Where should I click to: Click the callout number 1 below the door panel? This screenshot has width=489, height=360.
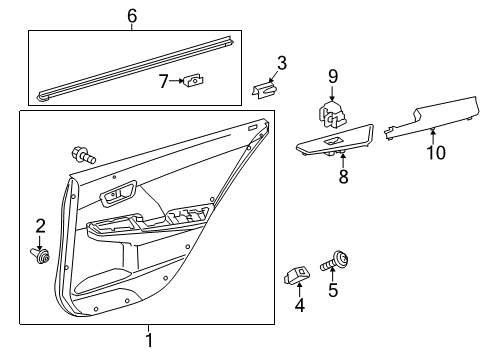tap(149, 341)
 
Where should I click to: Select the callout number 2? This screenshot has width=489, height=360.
tap(41, 225)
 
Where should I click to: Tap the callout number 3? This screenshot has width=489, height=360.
tap(281, 64)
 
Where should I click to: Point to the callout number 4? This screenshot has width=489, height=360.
tap(299, 304)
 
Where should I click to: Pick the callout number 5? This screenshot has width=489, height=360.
tap(334, 292)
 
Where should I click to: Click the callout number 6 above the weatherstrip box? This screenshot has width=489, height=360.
tap(131, 15)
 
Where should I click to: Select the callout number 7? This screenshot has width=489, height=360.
tap(164, 80)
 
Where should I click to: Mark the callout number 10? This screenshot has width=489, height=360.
tap(432, 153)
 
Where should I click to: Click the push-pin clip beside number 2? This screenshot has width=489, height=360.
tap(42, 259)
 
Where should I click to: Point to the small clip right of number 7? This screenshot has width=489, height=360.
tap(195, 80)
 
